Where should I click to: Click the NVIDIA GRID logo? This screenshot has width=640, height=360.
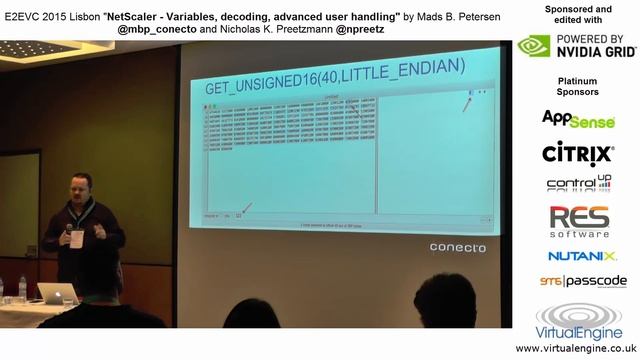[x=576, y=46]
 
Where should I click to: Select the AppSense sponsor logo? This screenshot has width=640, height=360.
[x=578, y=120]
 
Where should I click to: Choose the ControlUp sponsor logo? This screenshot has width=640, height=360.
[x=578, y=184]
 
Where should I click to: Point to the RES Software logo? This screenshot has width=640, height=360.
[x=578, y=221]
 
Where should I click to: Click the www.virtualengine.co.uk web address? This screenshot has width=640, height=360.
[x=578, y=348]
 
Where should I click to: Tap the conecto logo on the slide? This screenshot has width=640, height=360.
[x=457, y=247]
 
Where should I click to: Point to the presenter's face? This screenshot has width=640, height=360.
[x=82, y=189]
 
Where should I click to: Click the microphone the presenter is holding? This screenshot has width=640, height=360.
[x=69, y=232]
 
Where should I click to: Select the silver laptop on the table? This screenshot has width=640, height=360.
[x=56, y=293]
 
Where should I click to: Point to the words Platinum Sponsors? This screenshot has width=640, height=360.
[x=577, y=85]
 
